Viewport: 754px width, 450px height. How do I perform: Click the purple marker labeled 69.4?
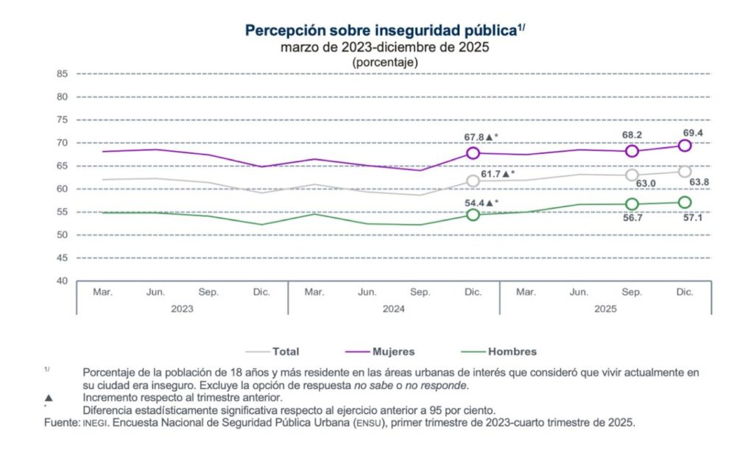[685, 145]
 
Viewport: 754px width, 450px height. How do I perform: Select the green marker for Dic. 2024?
[473, 214]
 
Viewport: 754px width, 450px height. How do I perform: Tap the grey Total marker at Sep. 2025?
[632, 175]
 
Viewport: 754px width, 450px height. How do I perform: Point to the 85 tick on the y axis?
[62, 74]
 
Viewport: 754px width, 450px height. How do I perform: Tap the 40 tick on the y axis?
[62, 281]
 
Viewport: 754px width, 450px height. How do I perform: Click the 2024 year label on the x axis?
[393, 309]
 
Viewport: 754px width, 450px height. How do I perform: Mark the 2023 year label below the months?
[182, 309]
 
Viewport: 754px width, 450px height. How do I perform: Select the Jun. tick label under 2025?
[579, 292]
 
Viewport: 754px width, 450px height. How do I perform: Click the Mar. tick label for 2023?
[102, 292]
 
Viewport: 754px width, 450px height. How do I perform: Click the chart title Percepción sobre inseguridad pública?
[379, 31]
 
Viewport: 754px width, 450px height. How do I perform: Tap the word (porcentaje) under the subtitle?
[385, 63]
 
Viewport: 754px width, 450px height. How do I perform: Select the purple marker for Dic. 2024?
[473, 153]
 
